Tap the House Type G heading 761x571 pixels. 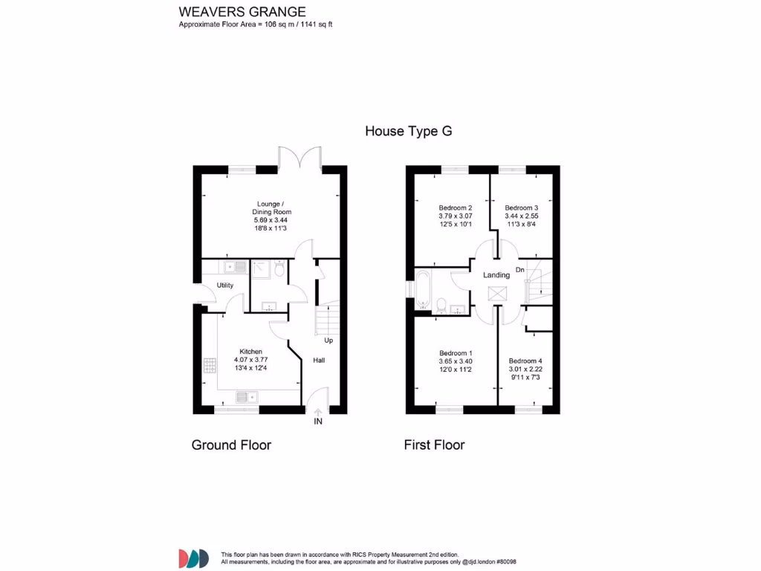coord(408,132)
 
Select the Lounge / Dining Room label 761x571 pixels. coord(270,208)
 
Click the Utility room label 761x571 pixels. coord(225,285)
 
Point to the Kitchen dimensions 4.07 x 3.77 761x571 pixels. coord(250,361)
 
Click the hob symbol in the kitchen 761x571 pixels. coord(208,366)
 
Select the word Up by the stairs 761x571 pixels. coord(328,341)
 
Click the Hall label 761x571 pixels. coord(318,361)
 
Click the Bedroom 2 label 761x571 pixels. coord(455,208)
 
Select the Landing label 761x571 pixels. coord(496,275)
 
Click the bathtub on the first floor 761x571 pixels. coord(423,289)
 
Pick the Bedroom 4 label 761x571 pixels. coord(525,361)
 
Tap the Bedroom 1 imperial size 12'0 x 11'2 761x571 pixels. coord(455,370)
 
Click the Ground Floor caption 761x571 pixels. coord(231,445)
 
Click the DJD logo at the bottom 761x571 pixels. coord(193,558)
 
